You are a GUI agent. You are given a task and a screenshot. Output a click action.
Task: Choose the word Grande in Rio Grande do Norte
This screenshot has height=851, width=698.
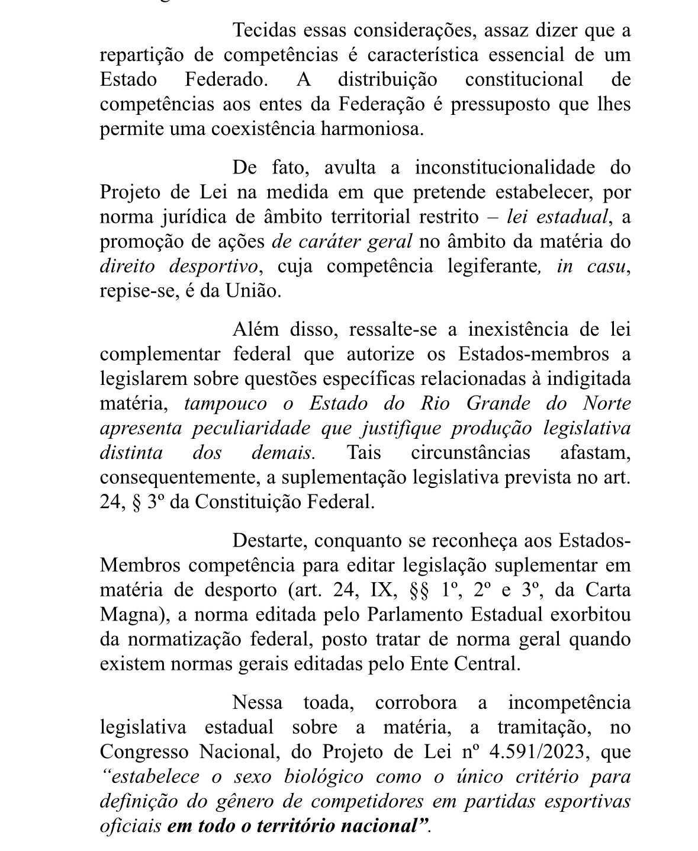498,404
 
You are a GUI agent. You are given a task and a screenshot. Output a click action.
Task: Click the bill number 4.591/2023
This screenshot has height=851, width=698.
540,752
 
